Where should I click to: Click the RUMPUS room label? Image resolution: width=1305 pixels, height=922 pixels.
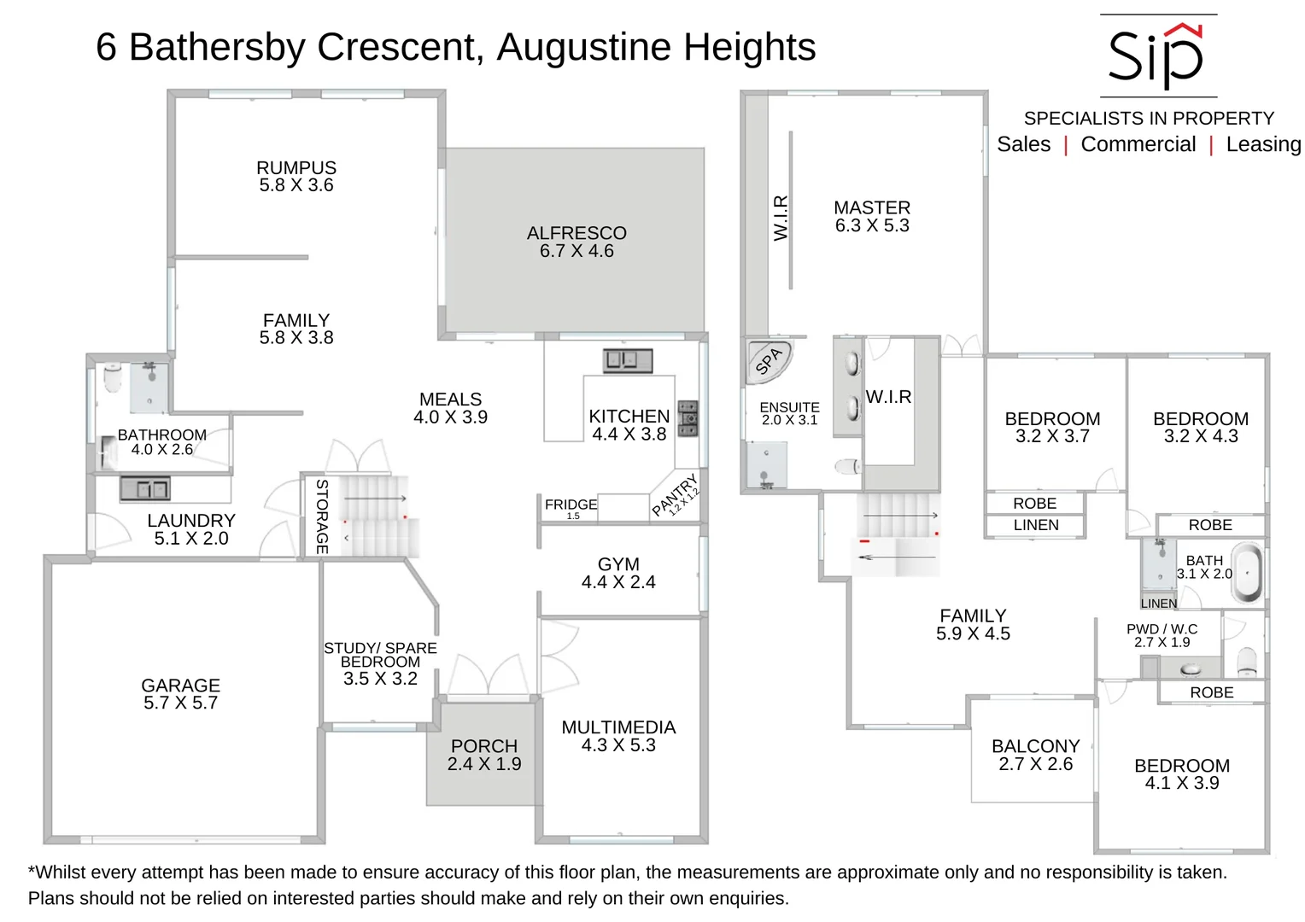(x=296, y=168)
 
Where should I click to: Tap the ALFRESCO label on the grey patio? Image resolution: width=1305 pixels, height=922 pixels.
(x=576, y=233)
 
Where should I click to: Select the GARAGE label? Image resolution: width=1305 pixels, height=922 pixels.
(x=180, y=686)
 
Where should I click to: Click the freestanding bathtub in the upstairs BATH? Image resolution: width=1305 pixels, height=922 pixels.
(x=1249, y=572)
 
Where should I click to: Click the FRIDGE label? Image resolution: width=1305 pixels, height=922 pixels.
(x=571, y=505)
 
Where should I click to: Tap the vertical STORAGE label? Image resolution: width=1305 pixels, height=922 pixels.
(x=322, y=516)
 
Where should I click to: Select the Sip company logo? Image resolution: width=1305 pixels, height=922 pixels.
(x=1156, y=56)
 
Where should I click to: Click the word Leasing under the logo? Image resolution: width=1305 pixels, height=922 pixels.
(x=1263, y=144)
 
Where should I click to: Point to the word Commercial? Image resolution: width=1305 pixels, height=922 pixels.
(x=1138, y=144)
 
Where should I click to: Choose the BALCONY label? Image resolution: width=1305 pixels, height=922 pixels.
(x=1035, y=746)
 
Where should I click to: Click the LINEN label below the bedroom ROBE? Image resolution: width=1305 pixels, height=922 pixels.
(x=1036, y=525)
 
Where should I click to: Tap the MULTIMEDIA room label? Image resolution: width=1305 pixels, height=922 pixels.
(x=618, y=727)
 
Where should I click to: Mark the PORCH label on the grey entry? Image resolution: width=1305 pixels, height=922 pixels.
(x=484, y=746)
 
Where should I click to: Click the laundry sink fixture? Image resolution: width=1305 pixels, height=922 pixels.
(x=144, y=489)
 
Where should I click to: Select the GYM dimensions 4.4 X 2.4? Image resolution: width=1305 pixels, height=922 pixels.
(x=618, y=582)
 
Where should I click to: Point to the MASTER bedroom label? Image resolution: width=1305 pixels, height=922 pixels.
(x=872, y=207)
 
